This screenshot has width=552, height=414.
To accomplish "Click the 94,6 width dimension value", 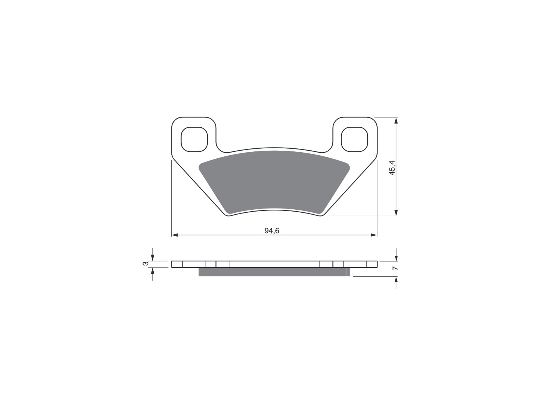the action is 272,231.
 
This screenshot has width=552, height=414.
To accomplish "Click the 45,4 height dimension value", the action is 392,168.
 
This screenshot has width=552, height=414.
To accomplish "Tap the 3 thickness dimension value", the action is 145,264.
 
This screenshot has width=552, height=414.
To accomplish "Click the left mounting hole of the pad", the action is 194,139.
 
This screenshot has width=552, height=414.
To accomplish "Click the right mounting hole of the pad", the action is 354,139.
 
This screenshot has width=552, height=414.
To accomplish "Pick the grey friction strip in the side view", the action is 274,272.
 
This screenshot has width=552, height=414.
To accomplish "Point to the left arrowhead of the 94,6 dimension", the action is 175,235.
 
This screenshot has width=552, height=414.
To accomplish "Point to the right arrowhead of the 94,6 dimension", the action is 374,235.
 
